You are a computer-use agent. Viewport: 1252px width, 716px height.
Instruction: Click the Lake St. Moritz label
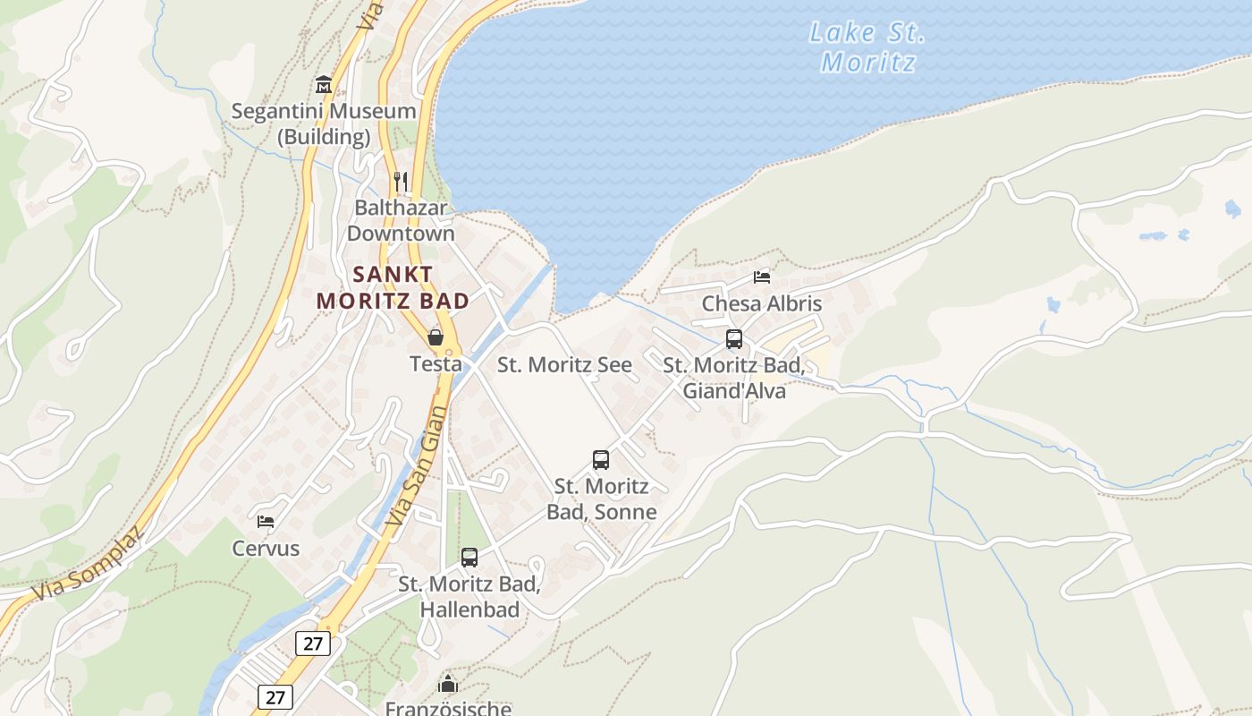point(867,47)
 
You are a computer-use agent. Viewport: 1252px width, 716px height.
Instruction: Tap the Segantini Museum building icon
point(324,85)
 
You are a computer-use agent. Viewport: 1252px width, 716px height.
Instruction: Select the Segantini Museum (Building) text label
point(324,124)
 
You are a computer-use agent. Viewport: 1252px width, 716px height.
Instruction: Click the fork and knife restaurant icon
point(401,182)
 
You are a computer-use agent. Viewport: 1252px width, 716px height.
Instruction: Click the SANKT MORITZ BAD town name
point(393,287)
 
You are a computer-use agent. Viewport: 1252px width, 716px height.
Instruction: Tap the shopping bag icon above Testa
point(436,337)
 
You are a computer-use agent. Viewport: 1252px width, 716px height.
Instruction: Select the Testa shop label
point(436,363)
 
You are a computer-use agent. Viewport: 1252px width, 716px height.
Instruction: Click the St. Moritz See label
point(564,364)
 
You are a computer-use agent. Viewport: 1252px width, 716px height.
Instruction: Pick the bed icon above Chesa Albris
point(762,277)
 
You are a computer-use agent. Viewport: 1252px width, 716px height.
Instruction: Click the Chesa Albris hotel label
point(762,303)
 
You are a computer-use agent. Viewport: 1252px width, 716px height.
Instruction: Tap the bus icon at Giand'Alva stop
point(734,339)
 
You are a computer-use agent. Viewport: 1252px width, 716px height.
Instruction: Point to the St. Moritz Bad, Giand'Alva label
point(734,378)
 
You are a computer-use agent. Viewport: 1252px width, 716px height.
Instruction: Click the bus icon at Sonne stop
point(601,460)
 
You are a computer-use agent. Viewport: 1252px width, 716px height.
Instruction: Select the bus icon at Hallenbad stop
point(469,558)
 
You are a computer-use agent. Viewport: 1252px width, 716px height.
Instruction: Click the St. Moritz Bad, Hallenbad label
point(469,597)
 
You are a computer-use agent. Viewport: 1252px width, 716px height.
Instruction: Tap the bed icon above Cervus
point(266,521)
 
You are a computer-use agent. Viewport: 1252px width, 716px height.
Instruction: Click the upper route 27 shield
point(313,643)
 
